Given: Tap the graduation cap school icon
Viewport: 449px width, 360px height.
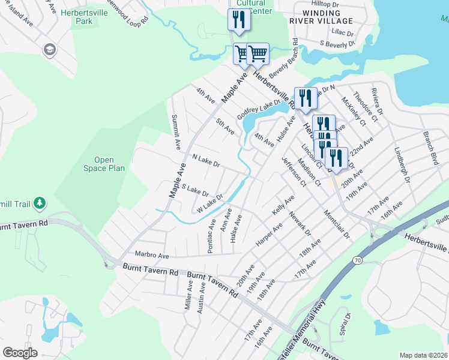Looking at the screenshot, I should pos(50,49).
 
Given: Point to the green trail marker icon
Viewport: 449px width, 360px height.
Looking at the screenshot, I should pos(40,204).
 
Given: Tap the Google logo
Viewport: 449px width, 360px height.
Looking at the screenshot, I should pos(20,352).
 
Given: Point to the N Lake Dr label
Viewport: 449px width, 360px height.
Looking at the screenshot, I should pos(206,160).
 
